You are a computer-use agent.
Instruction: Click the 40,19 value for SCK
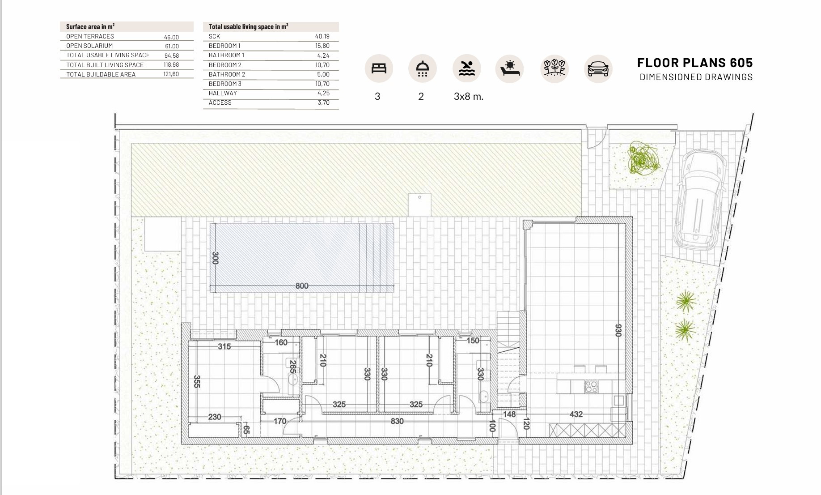coord(322,36)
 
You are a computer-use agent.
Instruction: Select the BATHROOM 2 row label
coord(227,74)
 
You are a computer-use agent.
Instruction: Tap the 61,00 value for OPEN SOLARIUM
coord(172,46)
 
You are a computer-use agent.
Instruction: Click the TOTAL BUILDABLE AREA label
coord(101,74)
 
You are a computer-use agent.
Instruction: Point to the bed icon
coord(379,68)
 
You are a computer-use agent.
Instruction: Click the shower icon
coord(422,69)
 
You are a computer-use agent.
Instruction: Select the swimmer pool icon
coord(467,68)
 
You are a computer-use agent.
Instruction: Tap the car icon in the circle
coord(598,69)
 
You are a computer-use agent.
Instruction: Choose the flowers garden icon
coord(554,68)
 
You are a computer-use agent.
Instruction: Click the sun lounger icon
coord(510,68)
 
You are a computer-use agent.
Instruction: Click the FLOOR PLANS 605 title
coord(695,63)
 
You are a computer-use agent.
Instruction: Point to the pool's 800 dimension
coord(302,286)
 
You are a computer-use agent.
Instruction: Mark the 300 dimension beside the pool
coord(215,258)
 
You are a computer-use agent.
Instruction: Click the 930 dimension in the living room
coord(618,330)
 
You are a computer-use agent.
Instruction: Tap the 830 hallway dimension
coord(397,421)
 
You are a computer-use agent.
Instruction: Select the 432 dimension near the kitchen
coord(576,414)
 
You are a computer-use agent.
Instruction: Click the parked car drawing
coord(699,200)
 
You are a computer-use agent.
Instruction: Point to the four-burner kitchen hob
coord(591,387)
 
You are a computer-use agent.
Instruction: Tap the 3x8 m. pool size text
coord(469,96)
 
